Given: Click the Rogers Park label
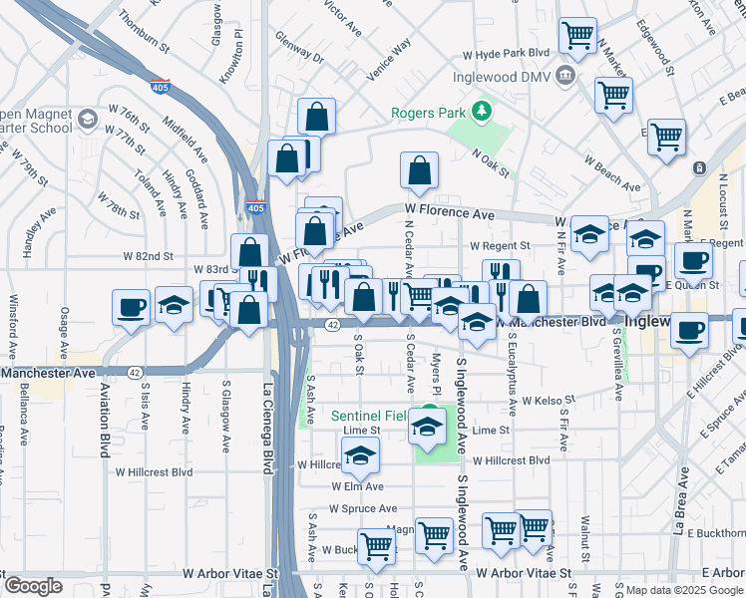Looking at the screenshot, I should (429, 113).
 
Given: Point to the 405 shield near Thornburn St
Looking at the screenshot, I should (159, 87).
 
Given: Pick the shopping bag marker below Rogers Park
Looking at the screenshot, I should (420, 170).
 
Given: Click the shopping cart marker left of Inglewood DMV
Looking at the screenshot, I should (577, 36).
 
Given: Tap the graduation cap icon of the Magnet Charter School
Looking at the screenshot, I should (87, 120).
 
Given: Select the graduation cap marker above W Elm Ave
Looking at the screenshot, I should (360, 458).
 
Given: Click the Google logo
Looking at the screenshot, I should (33, 586).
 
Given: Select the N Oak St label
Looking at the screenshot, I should (491, 163).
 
